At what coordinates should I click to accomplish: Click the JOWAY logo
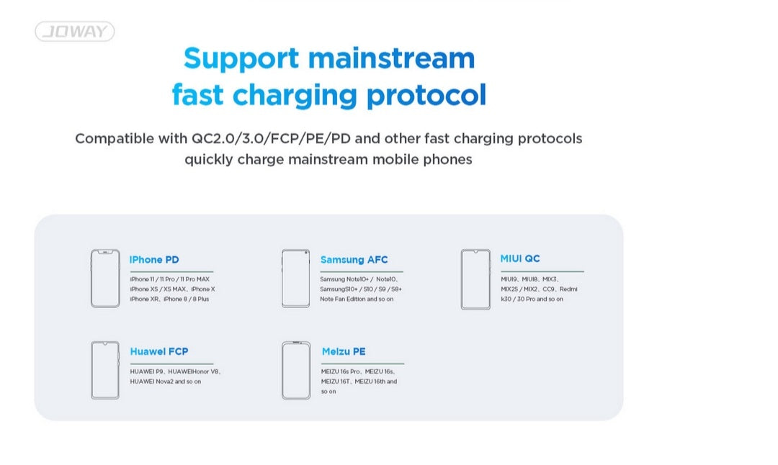coord(74,31)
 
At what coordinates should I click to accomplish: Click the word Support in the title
coord(241,59)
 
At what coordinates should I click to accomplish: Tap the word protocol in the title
coord(426,95)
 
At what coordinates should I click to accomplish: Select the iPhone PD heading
coord(154,260)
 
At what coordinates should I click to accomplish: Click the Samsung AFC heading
coord(354,260)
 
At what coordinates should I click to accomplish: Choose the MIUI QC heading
coord(520,258)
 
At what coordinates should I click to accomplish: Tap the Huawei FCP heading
coord(158,351)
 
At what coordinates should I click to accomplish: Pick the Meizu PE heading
coord(344,351)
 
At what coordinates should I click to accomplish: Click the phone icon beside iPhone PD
coord(105,279)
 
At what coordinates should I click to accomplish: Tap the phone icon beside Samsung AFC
coord(296,279)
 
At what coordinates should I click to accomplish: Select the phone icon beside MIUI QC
coord(475,279)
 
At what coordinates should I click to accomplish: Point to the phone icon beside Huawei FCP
coord(105,370)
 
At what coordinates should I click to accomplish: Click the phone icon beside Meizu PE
coord(296,370)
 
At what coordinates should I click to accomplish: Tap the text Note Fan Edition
coord(343,299)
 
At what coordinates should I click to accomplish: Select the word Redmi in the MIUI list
coord(568,289)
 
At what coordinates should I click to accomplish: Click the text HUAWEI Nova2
coord(151,382)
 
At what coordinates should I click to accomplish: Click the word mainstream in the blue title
coord(391,58)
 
